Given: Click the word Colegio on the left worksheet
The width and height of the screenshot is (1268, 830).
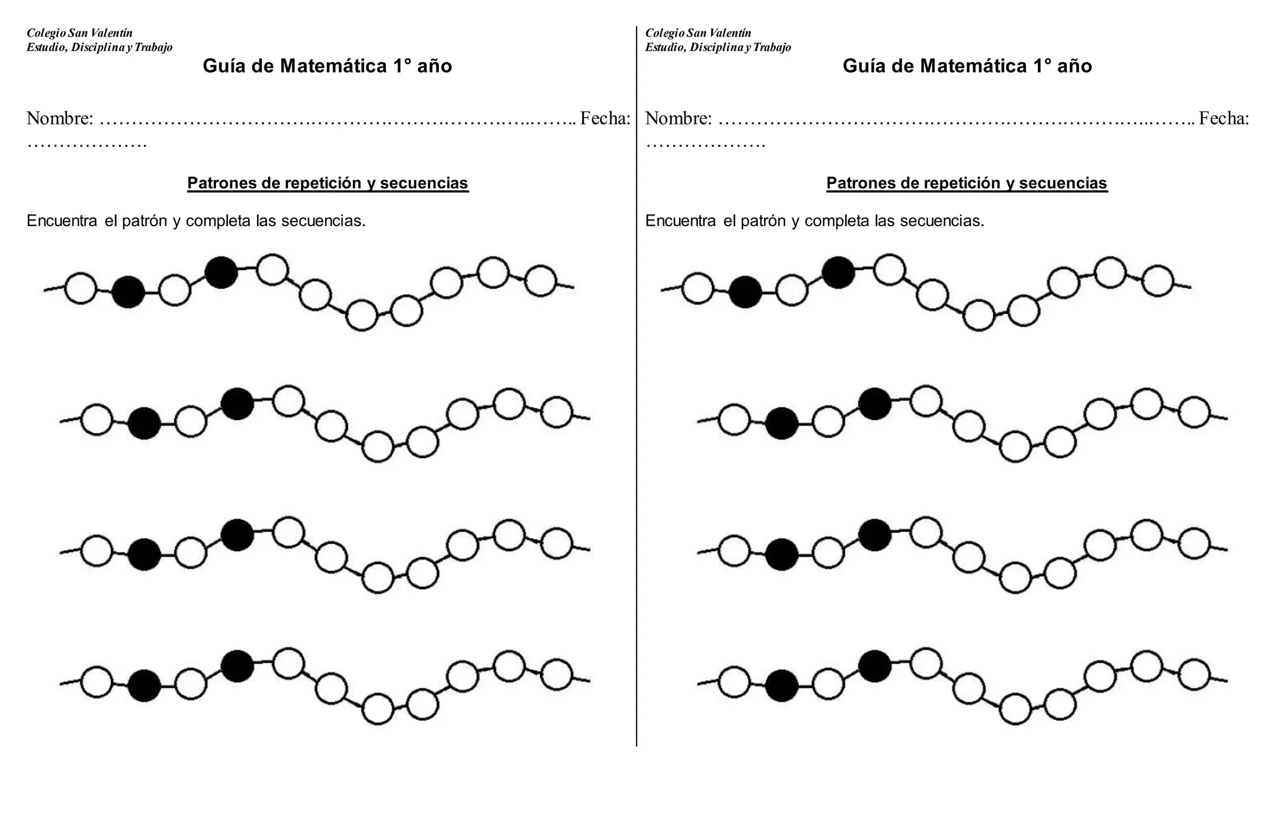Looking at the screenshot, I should point(46,33).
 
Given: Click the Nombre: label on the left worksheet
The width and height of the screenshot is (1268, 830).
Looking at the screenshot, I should point(60,118).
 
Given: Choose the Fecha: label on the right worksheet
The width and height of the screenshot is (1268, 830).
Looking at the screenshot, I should point(1223,118).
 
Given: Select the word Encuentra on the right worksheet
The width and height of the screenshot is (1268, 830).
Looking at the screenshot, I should point(680,221).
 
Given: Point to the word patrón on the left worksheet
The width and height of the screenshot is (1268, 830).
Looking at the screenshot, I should point(145,221).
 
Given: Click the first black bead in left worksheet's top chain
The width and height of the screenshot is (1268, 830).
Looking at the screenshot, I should point(128,292).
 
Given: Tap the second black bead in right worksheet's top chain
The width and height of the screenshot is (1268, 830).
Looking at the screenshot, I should point(838,273).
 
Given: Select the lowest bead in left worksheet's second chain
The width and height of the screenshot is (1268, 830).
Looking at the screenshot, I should point(378,447).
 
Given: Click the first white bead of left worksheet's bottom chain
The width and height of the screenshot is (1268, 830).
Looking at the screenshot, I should point(97,683).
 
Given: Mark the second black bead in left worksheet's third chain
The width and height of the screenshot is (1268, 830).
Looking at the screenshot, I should point(237,535).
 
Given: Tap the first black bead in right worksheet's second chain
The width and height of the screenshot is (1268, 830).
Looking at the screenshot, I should point(781,423).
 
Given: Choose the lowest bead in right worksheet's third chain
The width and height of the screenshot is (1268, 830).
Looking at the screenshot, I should point(1015,578).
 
